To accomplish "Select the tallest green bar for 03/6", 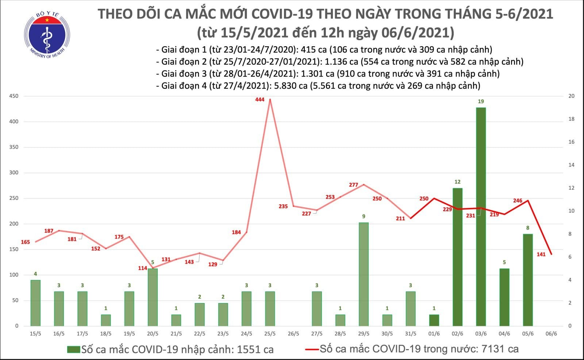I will (481, 217).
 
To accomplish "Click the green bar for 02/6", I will (457, 257).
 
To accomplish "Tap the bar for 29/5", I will (364, 274).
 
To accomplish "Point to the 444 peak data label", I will (260, 100).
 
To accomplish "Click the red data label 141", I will (541, 254).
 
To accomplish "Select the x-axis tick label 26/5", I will (293, 334).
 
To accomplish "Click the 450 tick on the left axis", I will (14, 96).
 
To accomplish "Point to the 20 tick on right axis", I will (572, 96).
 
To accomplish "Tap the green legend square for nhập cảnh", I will (73, 349).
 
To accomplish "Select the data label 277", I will (353, 185).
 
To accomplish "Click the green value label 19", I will (481, 101).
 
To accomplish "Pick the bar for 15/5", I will (35, 303).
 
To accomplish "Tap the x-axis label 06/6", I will (551, 334).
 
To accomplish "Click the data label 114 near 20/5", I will (142, 268).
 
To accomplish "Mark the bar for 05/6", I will (528, 280).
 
